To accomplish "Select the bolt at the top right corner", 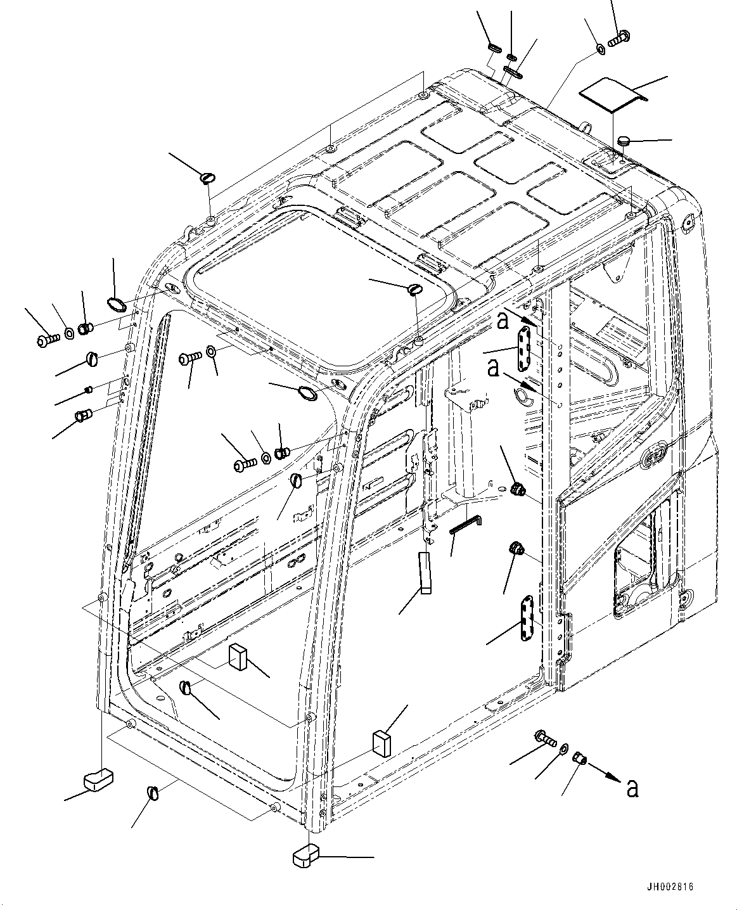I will [617, 38].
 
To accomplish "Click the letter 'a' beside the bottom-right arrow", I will [631, 788].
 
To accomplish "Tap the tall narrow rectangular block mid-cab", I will [424, 571].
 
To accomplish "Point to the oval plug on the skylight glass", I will [415, 289].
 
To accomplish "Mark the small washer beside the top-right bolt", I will [599, 47].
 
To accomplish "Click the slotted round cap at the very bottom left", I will [153, 791].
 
